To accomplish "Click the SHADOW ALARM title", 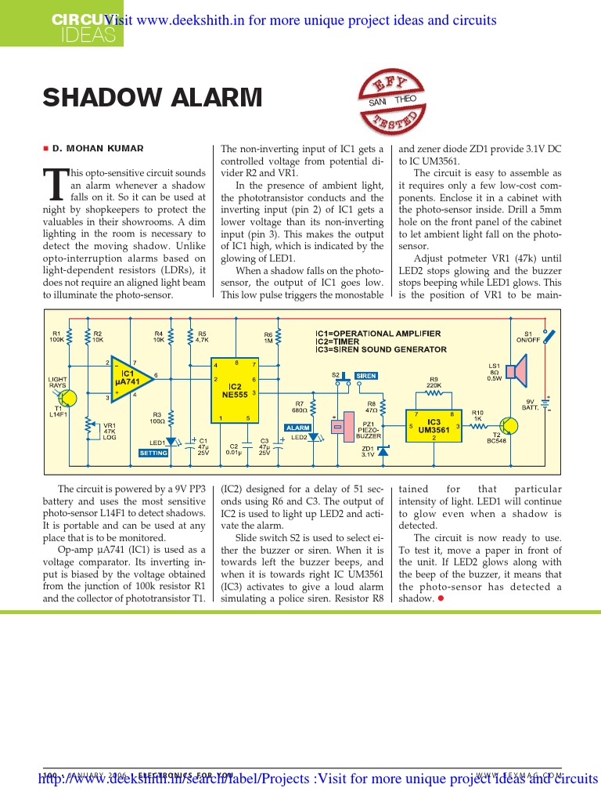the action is coord(153,99).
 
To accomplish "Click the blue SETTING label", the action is coord(153,453).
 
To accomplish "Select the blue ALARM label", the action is coord(298,428).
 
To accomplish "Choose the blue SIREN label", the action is coord(366,376).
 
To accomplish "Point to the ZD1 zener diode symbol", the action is coord(383,451).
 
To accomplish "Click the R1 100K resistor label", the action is coord(57,336).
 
